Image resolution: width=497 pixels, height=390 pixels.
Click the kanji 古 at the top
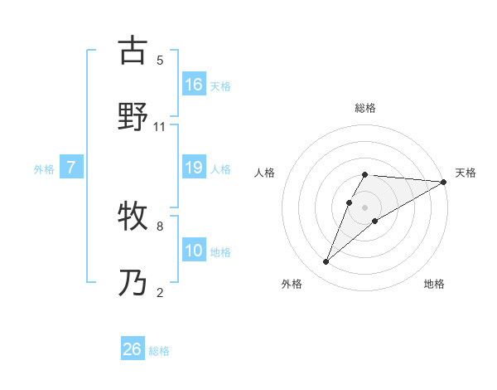[x=133, y=51]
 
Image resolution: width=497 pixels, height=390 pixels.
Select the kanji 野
[x=133, y=117]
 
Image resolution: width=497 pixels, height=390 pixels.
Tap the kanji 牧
[x=133, y=217]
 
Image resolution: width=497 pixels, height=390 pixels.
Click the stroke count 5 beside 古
[x=160, y=60]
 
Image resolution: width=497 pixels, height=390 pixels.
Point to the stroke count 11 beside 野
[x=160, y=126]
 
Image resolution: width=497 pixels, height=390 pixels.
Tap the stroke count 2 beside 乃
[x=160, y=292]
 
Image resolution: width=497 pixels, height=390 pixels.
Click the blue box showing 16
[x=194, y=85]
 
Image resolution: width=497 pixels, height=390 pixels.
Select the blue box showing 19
[x=194, y=168]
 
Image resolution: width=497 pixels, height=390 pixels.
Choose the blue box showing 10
[x=194, y=251]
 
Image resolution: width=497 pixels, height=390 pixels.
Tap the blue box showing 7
[x=71, y=168]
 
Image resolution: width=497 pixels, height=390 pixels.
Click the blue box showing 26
[x=133, y=349]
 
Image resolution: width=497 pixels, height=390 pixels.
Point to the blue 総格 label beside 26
[x=159, y=351]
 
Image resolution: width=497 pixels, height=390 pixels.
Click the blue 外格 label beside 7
[x=44, y=169]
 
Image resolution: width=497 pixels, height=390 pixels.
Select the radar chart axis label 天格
[x=466, y=173]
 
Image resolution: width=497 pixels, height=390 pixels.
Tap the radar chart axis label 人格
[x=265, y=173]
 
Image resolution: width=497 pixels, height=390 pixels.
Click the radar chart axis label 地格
[x=434, y=285]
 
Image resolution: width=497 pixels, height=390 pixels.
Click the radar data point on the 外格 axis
[x=326, y=262]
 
